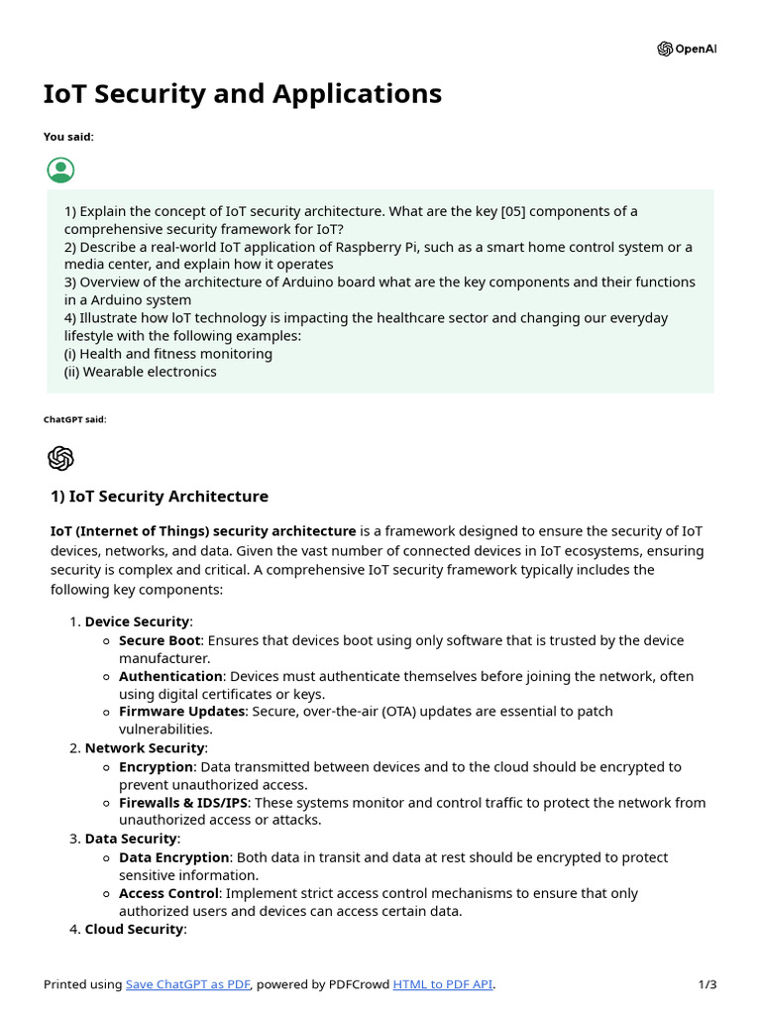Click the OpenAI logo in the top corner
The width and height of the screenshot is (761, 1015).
686,50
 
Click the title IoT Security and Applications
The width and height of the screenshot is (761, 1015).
243,93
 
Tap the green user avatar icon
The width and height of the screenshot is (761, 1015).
60,169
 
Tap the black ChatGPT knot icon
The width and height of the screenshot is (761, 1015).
60,458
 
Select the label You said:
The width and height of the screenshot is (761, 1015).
68,137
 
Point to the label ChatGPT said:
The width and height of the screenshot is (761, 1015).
74,419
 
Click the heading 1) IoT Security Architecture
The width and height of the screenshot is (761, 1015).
159,496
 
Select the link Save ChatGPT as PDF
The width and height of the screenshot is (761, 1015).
188,984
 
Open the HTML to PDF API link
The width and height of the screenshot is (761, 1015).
442,984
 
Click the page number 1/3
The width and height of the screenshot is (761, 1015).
707,984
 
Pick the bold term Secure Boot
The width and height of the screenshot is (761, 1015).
160,640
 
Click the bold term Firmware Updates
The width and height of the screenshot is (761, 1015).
181,712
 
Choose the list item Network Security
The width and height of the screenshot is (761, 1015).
145,748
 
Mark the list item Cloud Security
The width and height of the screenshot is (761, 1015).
135,930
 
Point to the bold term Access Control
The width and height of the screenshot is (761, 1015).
168,894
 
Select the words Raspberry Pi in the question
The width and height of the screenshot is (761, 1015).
381,247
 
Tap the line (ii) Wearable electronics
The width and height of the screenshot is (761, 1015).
141,372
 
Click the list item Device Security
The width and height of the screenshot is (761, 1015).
137,621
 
